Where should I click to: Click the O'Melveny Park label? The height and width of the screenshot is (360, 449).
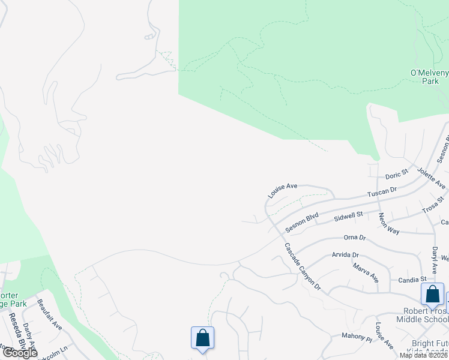click(429, 77)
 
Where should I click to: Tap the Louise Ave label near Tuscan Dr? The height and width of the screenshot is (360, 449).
click(283, 191)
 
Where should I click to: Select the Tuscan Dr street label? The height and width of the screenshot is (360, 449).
click(382, 193)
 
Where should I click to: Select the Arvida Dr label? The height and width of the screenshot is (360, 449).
click(345, 255)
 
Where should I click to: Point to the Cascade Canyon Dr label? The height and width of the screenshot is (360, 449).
click(303, 266)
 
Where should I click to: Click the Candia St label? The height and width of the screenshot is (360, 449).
click(412, 280)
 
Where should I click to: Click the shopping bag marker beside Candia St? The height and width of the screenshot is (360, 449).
click(432, 296)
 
